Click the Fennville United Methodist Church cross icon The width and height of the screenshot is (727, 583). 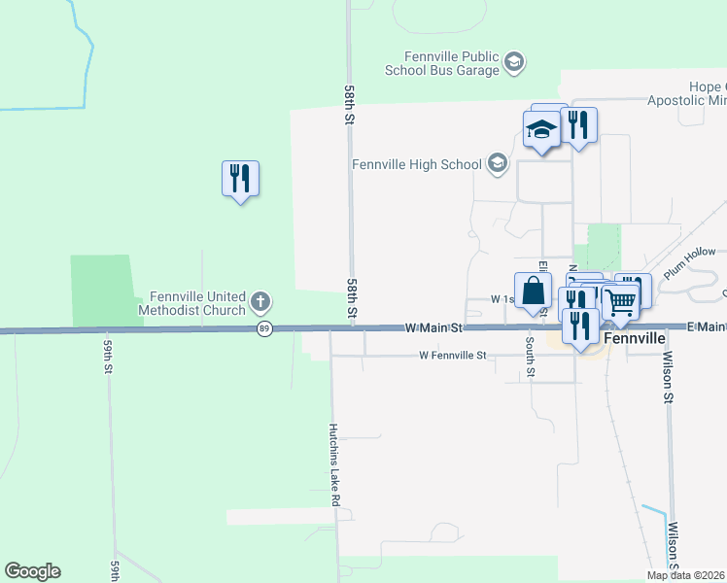pos(260,302)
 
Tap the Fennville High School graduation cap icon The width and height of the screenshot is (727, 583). pos(498,163)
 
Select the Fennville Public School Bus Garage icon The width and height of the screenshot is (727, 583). pos(514,64)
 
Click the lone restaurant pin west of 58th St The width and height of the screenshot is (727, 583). pos(240,179)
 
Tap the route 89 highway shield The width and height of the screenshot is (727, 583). pos(264,329)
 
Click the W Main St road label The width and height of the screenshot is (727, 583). pos(433,329)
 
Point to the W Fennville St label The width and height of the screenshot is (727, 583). pos(452,356)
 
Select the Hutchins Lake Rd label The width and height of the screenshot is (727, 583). pos(334,463)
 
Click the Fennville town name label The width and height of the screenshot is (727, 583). pos(634,339)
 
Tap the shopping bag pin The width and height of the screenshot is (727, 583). pos(533,291)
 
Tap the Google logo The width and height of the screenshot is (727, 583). pos(32,571)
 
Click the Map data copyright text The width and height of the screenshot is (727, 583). pos(686,575)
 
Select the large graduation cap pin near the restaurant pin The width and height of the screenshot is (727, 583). pos(541,129)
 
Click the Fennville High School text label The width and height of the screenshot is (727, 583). pos(417,164)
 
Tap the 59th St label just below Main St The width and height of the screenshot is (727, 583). pos(107,357)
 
